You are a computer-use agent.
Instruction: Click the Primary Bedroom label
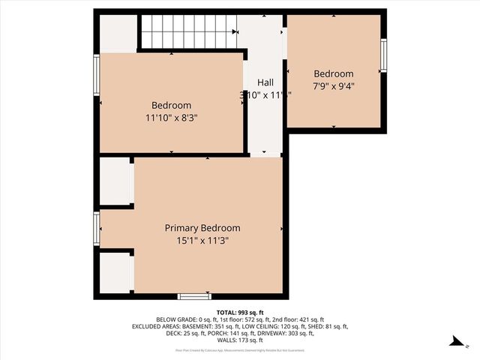[x=202, y=228]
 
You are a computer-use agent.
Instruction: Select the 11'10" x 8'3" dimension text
[x=172, y=118]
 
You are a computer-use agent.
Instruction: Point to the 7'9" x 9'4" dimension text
[x=334, y=86]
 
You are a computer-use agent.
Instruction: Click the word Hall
[x=265, y=82]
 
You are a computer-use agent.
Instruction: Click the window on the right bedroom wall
[x=383, y=55]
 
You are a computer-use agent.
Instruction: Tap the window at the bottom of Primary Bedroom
[x=194, y=296]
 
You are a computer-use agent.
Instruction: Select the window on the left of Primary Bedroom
[x=96, y=228]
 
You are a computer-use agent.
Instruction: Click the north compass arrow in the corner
[x=454, y=341]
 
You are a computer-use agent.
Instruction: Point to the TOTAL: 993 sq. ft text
[x=240, y=312]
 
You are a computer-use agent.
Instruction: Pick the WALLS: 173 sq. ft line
[x=240, y=340]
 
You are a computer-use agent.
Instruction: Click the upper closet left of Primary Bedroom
[x=115, y=181]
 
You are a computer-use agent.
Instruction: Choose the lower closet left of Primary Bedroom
[x=115, y=272]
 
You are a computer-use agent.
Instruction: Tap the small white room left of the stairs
[x=118, y=33]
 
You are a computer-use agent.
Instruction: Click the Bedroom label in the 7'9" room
[x=334, y=73]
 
